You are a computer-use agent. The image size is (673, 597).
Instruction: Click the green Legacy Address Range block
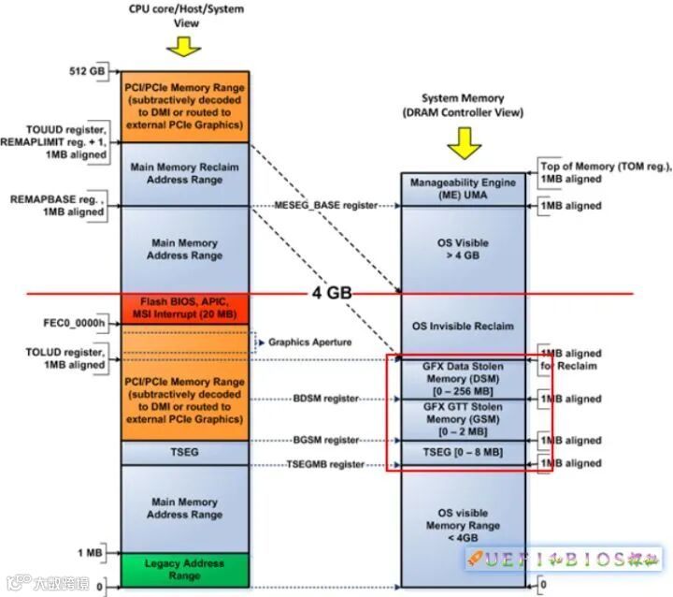pos(185,569)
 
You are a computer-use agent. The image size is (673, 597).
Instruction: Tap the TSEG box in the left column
pos(185,452)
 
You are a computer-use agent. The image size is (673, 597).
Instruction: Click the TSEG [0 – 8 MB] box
pos(464,452)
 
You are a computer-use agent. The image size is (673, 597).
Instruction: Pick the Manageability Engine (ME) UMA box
pos(464,188)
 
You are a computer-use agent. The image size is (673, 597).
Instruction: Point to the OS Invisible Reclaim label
pos(464,326)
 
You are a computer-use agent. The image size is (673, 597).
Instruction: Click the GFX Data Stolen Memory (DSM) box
pos(464,379)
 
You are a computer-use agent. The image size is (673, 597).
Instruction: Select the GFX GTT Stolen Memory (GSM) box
pos(464,418)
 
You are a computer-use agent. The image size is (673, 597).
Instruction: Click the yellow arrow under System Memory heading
pos(464,142)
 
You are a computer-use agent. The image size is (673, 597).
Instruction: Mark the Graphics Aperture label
pos(310,342)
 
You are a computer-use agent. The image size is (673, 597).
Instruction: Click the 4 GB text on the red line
pos(331,293)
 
